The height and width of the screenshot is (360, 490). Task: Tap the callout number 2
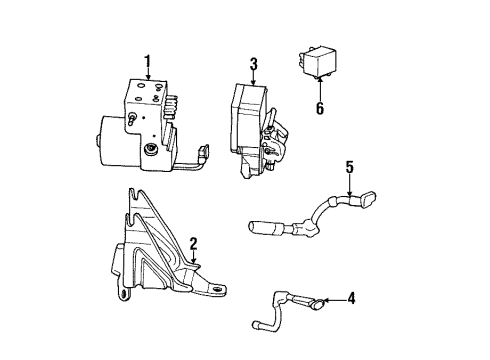[x=194, y=243]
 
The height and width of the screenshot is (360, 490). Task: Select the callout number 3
[x=253, y=66]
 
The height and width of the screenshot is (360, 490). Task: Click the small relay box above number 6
[x=317, y=63]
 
